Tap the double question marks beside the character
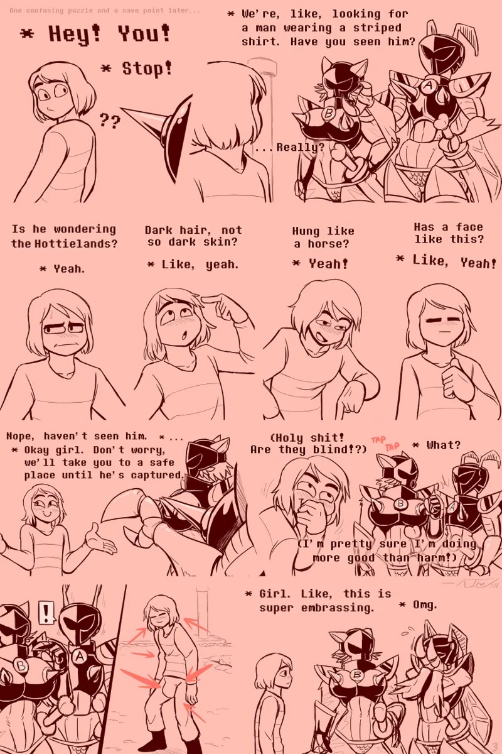(110, 121)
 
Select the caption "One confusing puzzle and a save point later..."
(101, 11)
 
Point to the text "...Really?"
(289, 148)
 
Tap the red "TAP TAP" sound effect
(385, 442)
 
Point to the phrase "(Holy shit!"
(307, 437)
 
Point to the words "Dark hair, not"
(193, 230)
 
